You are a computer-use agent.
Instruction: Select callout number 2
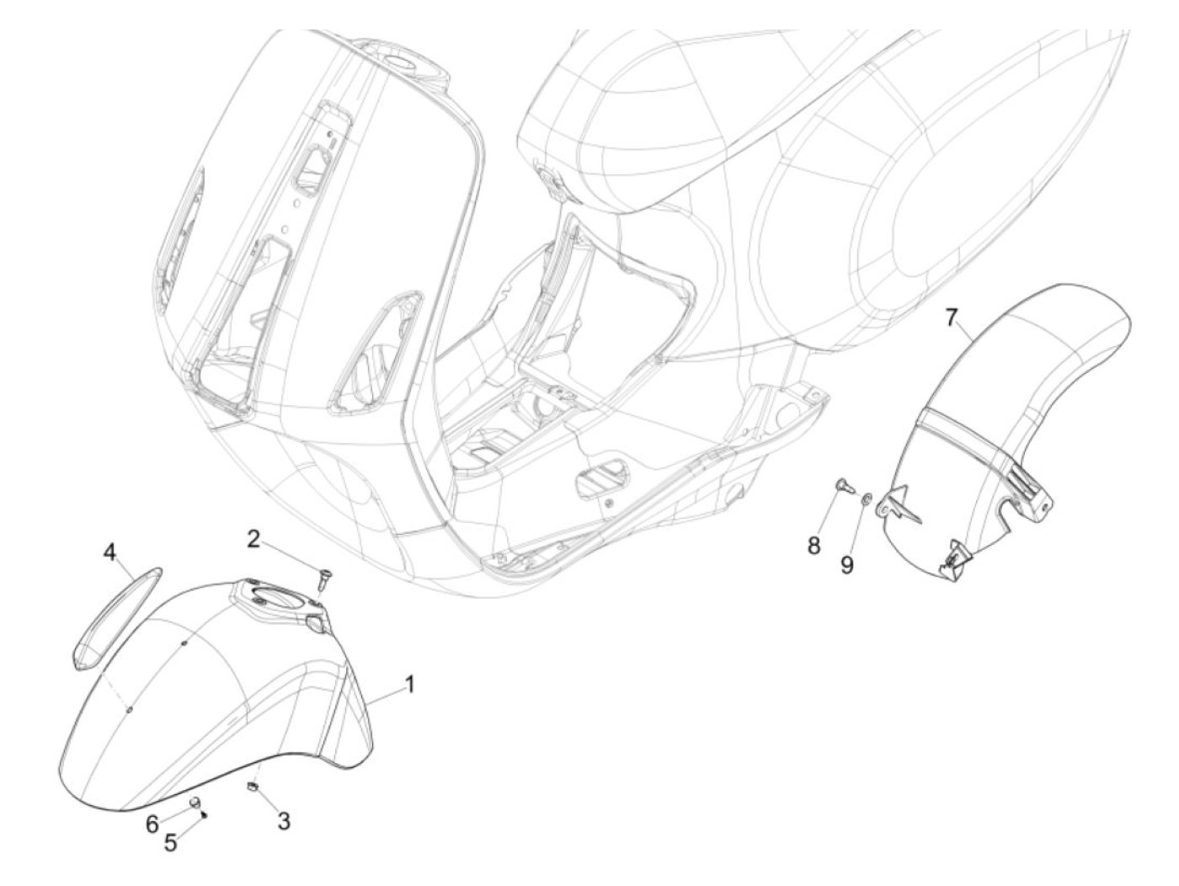point(253,540)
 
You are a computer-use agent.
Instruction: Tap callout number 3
point(284,819)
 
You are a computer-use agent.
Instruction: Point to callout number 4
point(109,552)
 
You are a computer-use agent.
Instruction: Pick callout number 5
point(171,842)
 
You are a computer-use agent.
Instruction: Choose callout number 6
point(152,824)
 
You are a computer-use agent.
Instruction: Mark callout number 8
point(814,545)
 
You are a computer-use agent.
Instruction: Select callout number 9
point(846,564)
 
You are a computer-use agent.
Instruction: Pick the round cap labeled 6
point(193,800)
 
